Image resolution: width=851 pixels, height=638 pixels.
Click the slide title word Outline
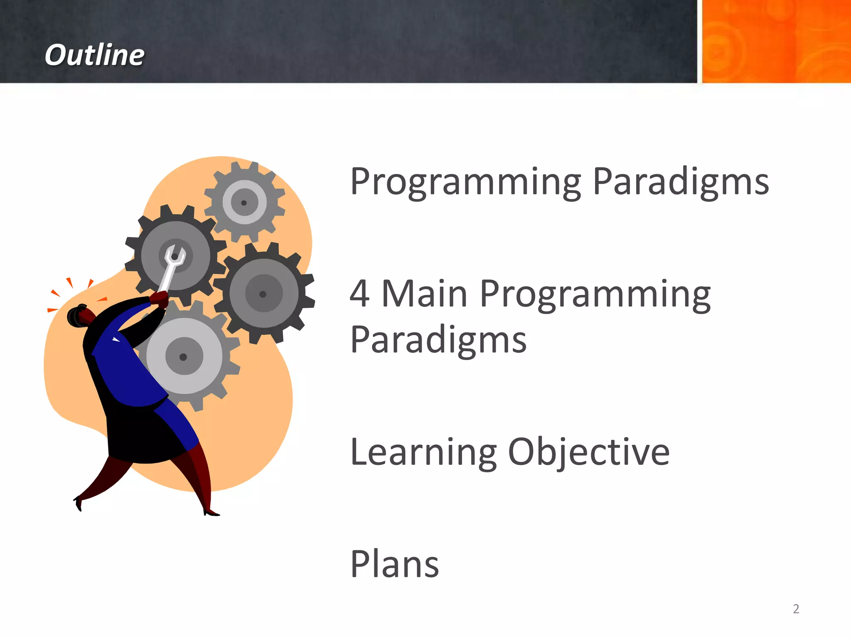[x=94, y=55]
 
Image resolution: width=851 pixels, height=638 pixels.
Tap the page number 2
[x=796, y=609]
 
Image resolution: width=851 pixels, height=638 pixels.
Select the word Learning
[x=423, y=453]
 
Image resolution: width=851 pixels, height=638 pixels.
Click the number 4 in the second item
[x=359, y=294]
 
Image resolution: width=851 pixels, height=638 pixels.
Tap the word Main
[x=424, y=294]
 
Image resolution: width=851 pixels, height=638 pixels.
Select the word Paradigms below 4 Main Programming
[x=438, y=340]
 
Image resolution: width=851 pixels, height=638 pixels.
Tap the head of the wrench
[x=175, y=255]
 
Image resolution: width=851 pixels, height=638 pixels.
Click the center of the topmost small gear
[x=244, y=203]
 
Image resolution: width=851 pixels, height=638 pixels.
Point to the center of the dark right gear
[x=263, y=294]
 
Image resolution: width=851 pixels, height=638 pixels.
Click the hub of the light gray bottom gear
[x=183, y=356]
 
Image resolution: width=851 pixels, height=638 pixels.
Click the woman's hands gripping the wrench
[x=159, y=299]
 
